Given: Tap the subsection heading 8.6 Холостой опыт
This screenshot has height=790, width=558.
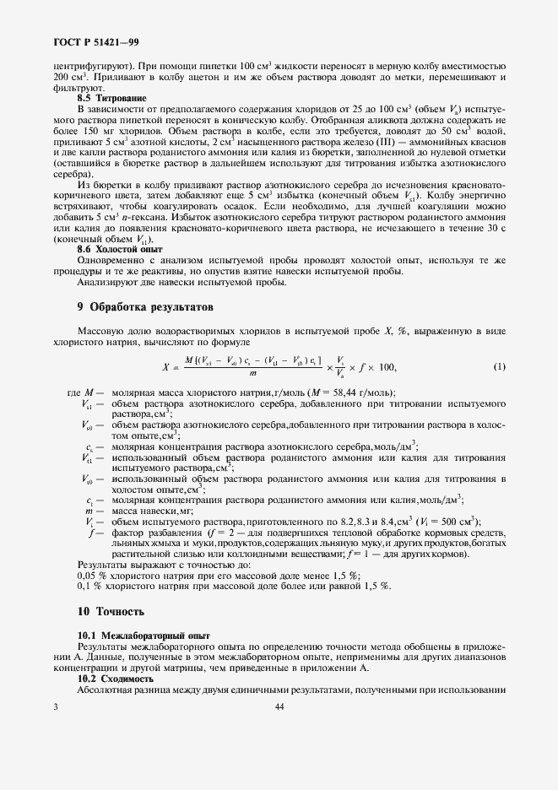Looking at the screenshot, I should coord(119,250).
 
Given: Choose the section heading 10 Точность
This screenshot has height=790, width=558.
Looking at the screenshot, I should coord(111,611).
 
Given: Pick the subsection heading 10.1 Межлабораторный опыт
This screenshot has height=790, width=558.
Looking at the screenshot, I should coord(144,634).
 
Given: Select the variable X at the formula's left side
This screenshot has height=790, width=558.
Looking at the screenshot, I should coord(165,366).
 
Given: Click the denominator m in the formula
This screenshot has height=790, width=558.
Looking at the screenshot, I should coord(252,374).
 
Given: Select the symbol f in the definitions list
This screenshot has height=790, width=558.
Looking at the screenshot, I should coord(89,535).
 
